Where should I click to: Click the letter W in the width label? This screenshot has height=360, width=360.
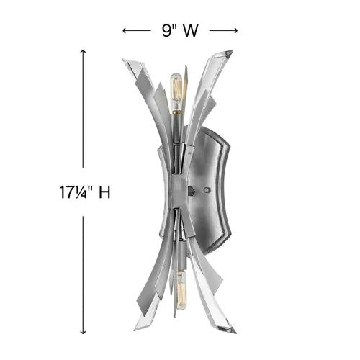(x=190, y=30)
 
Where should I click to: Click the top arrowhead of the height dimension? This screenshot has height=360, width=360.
(x=84, y=53)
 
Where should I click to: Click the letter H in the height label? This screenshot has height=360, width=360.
(x=104, y=193)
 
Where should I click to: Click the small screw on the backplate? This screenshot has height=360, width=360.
(x=207, y=190)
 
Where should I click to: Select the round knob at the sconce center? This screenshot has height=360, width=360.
(x=191, y=192)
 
